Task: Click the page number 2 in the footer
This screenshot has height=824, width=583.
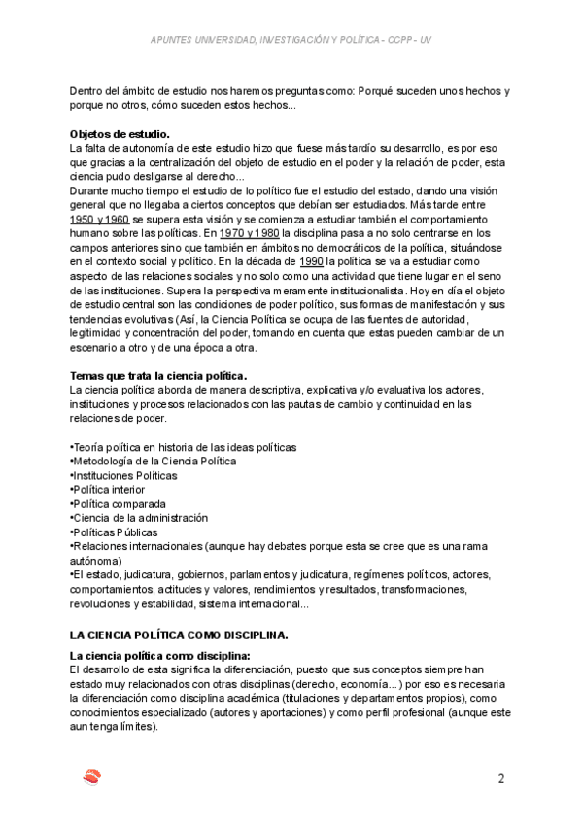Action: [x=501, y=778]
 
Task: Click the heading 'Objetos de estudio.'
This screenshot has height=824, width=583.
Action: [x=120, y=134]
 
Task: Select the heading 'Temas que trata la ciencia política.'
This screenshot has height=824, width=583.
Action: [x=159, y=376]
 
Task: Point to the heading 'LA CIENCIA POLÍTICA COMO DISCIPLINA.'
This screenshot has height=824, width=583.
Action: [x=180, y=635]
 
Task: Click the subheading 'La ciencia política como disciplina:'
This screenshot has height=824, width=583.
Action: [x=160, y=657]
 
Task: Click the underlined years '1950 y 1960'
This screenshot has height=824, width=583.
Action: [x=101, y=220]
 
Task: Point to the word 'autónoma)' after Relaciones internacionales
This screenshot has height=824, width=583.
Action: [x=96, y=561]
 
